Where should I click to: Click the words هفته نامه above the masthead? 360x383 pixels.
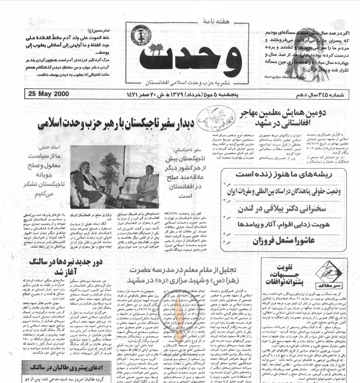[192, 21]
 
